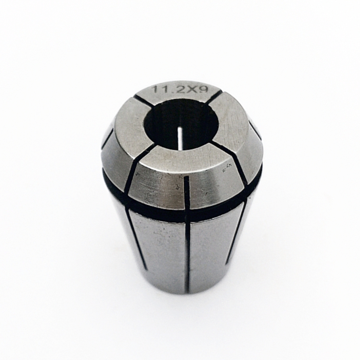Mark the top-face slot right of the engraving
click(214, 98)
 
